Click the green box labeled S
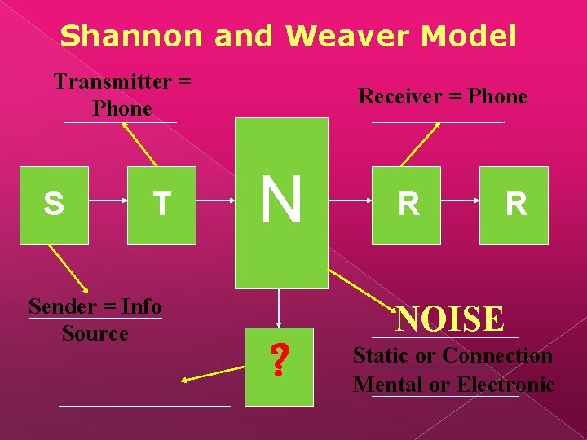click(x=54, y=205)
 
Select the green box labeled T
click(x=161, y=205)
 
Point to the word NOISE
click(x=450, y=319)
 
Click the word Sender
click(x=64, y=306)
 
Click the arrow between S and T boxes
click(x=108, y=205)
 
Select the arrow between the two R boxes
click(x=460, y=205)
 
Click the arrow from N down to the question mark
click(x=279, y=309)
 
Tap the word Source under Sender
click(x=95, y=333)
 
